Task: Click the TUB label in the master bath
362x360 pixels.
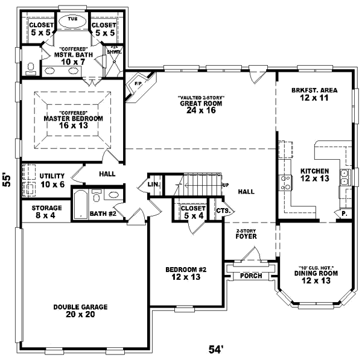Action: click(72, 19)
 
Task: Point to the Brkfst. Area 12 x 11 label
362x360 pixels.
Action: click(313, 93)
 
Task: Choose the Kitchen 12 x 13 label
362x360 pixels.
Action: click(314, 175)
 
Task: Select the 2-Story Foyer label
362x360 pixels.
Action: click(247, 234)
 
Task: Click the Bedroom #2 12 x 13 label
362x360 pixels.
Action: click(186, 273)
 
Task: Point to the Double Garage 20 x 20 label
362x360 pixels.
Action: click(80, 310)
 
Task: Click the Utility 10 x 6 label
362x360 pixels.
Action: click(52, 180)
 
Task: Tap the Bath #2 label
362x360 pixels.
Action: click(103, 213)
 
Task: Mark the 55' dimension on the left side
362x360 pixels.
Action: click(7, 181)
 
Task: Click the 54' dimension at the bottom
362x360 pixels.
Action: click(216, 349)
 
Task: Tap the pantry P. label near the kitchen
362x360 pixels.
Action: click(344, 214)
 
